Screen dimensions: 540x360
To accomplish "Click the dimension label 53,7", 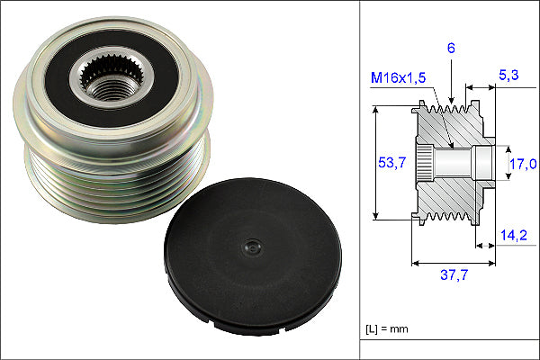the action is click(x=391, y=162).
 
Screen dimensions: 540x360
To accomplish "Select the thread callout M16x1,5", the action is click(x=398, y=78).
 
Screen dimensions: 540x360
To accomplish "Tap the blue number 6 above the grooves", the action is click(x=451, y=48).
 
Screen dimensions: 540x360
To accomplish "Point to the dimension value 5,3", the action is click(x=508, y=75).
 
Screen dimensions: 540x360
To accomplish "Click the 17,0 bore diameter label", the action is click(x=523, y=164).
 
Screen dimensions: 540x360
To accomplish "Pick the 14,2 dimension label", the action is click(x=514, y=235).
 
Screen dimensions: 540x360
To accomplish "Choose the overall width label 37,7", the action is click(x=454, y=274).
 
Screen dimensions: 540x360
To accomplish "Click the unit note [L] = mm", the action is click(x=387, y=329).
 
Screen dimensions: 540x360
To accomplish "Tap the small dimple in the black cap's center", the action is click(x=253, y=247).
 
